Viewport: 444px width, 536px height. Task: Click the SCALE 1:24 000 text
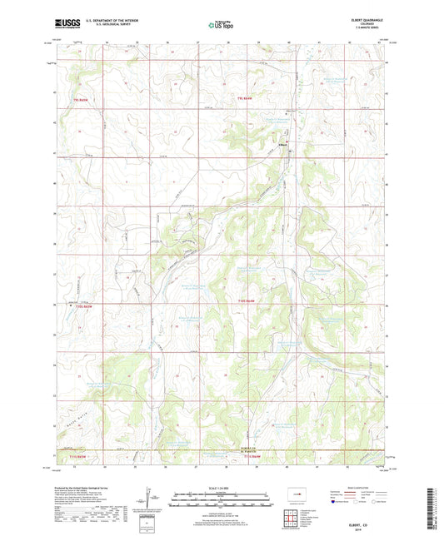pyautogui.click(x=221, y=488)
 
